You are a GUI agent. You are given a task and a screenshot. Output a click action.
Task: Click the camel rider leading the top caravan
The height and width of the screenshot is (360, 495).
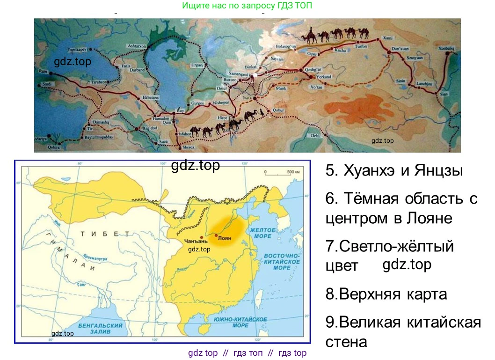coord(309,35)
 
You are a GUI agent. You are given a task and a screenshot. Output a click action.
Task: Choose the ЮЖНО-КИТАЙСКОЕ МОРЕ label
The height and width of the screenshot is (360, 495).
coord(240,322)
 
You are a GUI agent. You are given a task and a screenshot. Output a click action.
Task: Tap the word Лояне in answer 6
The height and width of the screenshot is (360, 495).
coord(429,218)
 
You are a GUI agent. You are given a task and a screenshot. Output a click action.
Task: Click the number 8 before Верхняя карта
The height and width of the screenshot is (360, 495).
coord(329,294)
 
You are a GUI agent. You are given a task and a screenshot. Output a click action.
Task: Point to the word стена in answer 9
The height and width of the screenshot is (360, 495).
coord(346,341)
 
